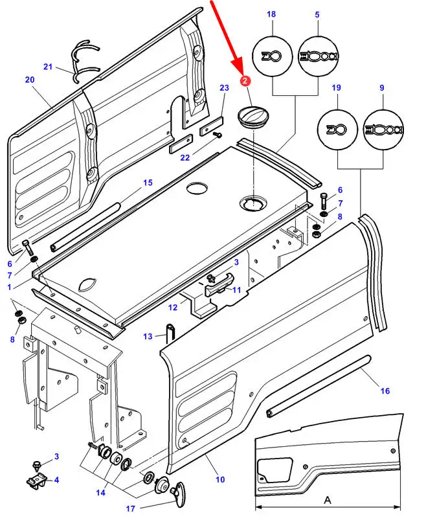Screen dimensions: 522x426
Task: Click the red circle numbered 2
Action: pyautogui.click(x=245, y=81)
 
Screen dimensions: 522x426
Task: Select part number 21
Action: pyautogui.click(x=47, y=67)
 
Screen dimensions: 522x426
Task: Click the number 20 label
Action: pyautogui.click(x=29, y=80)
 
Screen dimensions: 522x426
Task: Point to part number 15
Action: pyautogui.click(x=148, y=183)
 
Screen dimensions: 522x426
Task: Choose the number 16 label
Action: pyautogui.click(x=385, y=391)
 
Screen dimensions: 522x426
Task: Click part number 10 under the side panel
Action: pyautogui.click(x=220, y=480)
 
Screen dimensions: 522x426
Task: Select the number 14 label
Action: pyautogui.click(x=100, y=493)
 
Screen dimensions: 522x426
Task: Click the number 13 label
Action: pyautogui.click(x=148, y=336)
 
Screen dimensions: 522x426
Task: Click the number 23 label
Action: pyautogui.click(x=224, y=88)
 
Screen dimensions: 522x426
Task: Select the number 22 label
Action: pyautogui.click(x=185, y=157)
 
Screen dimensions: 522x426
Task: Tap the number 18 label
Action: pyautogui.click(x=271, y=14)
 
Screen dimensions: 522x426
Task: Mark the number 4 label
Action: pyautogui.click(x=56, y=480)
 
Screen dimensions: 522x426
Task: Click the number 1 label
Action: pyautogui.click(x=9, y=286)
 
